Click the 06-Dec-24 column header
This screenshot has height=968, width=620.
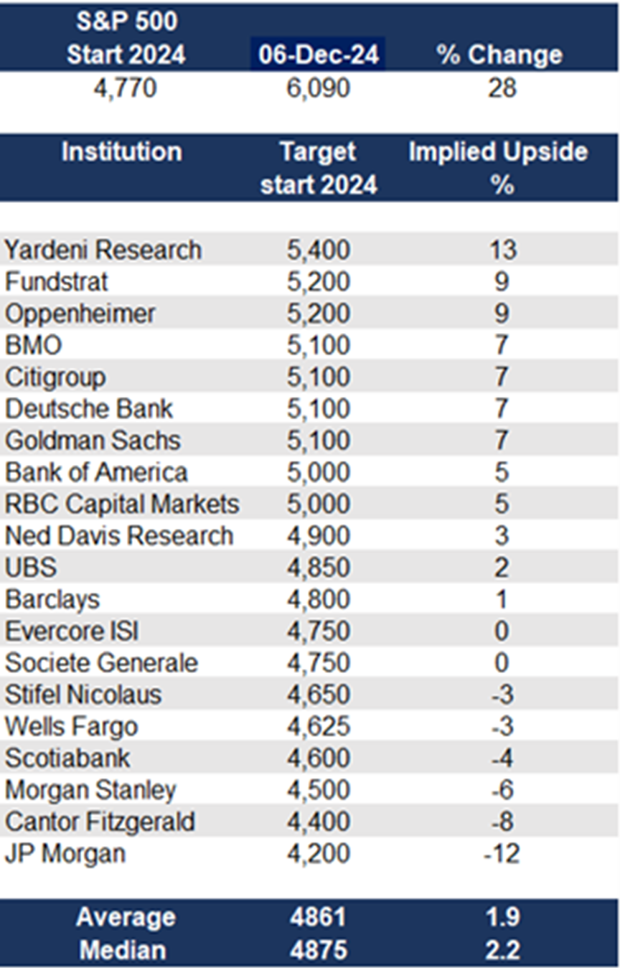tap(319, 55)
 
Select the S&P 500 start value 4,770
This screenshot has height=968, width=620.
tap(126, 88)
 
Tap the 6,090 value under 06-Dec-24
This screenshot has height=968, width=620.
tap(319, 88)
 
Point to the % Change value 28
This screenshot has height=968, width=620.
tap(502, 88)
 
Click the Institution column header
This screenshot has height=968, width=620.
tap(122, 151)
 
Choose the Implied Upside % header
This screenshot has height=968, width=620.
tap(499, 168)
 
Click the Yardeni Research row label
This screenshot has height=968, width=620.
tap(103, 250)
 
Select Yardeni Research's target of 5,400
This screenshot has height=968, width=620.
tap(319, 250)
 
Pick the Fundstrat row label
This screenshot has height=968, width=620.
tap(56, 282)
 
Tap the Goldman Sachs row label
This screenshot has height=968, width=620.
tap(93, 441)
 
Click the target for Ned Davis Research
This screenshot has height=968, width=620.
tap(319, 536)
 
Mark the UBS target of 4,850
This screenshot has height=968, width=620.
tap(319, 568)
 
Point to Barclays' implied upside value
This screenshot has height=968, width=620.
tap(501, 599)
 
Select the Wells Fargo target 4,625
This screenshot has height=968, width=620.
tap(319, 726)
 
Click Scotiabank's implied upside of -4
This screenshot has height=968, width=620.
tap(502, 758)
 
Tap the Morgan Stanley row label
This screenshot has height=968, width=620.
tap(90, 790)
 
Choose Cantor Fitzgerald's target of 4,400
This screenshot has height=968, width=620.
tap(319, 822)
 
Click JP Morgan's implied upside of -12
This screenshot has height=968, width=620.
tap(502, 853)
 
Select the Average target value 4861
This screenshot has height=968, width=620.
tap(319, 916)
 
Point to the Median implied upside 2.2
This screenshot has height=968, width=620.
tap(502, 950)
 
